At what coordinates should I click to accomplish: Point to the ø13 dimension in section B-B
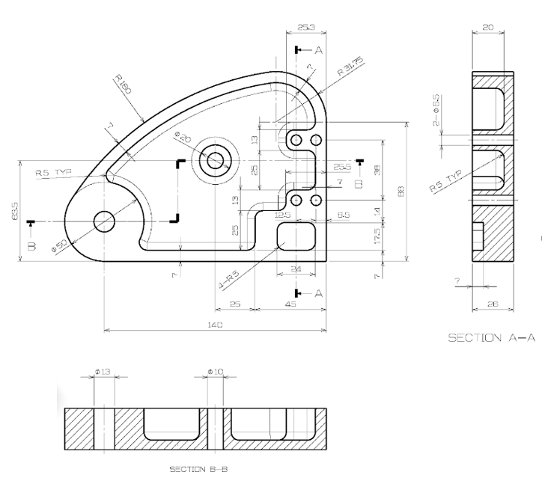(x=103, y=372)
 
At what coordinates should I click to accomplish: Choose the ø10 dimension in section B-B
(x=216, y=372)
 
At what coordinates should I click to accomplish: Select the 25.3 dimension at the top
(x=305, y=28)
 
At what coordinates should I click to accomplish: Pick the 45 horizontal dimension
(x=291, y=304)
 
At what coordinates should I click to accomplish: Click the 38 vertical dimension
(x=377, y=170)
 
